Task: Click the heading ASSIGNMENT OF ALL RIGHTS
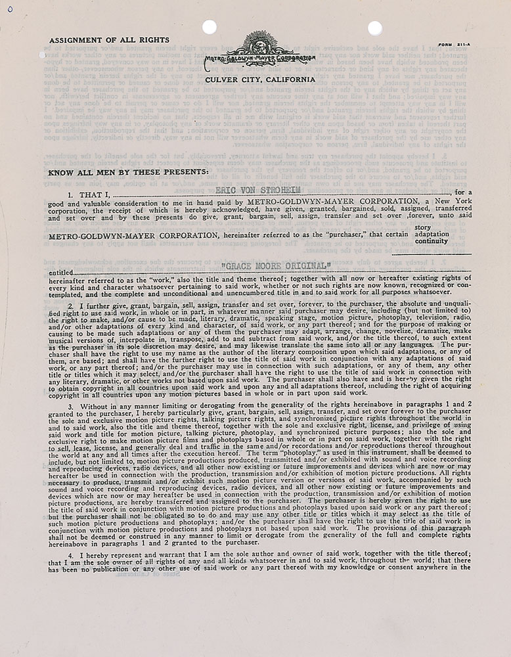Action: pyautogui.click(x=109, y=40)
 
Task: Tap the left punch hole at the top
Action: pyautogui.click(x=210, y=28)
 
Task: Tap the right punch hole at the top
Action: pyautogui.click(x=374, y=28)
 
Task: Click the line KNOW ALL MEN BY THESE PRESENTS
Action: pyautogui.click(x=129, y=172)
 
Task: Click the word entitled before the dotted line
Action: pyautogui.click(x=60, y=273)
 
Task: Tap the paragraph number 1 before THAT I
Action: pyautogui.click(x=70, y=196)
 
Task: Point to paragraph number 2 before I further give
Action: pyautogui.click(x=70, y=306)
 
